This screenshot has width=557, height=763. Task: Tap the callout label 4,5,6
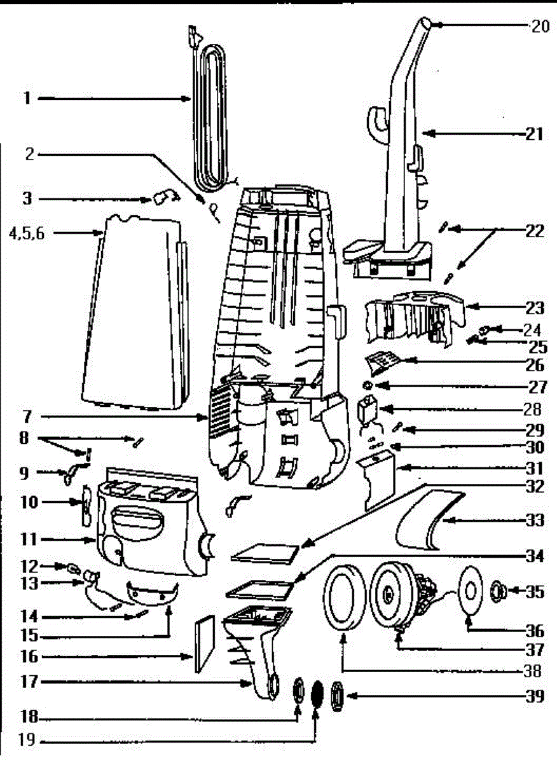pos(27,233)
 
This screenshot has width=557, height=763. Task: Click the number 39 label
pos(535,696)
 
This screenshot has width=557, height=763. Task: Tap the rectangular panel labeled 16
pos(205,643)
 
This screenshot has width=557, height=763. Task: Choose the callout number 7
pos(26,418)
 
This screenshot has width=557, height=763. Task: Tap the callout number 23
pos(535,308)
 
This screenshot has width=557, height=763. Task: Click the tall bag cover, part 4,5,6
pos(134,312)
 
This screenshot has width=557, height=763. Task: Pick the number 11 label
pos(27,540)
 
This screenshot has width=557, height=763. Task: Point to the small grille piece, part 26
pos(382,363)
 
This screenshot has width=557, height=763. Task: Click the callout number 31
pos(535,469)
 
